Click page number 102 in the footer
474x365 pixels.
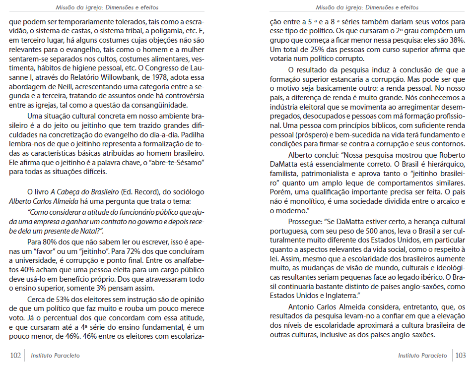click(15, 355)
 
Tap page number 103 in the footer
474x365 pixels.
click(460, 355)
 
